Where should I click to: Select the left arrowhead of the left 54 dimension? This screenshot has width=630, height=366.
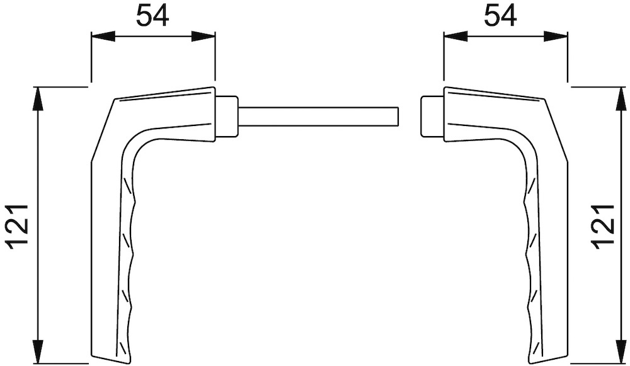103,37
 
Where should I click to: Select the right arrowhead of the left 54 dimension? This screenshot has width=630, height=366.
203,37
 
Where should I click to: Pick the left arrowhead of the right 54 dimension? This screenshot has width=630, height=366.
455,37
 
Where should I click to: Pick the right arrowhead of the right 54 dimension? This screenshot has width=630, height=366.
556,37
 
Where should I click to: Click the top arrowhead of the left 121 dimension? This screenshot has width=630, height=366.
37,99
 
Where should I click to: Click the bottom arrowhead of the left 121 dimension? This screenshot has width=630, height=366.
37,352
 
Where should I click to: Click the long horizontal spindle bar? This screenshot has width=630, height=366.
318,117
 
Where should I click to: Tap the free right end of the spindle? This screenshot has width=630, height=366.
398,117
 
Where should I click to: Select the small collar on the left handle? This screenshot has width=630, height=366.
227,117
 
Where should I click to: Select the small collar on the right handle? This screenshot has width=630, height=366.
432,117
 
